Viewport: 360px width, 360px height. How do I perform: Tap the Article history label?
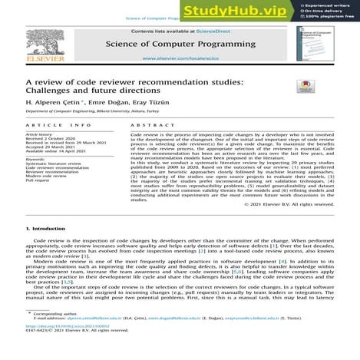pyautogui.click(x=41, y=133)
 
